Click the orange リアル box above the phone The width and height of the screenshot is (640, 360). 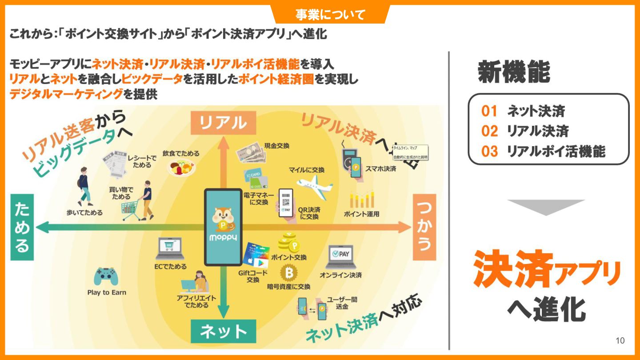point(224,122)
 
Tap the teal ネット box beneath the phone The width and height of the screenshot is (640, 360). point(224,331)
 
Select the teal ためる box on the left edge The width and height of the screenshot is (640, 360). point(22,227)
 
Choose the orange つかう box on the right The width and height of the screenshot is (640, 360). point(424,227)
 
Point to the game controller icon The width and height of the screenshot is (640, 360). point(106,277)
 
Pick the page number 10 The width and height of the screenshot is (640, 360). point(620,340)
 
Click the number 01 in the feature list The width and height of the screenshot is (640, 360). point(489,111)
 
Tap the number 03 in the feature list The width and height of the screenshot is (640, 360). point(489,152)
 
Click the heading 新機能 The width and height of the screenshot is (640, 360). point(514,72)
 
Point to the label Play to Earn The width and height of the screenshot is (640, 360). point(107,292)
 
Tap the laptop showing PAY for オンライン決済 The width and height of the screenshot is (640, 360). point(340,256)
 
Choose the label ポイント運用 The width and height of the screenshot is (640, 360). point(362,214)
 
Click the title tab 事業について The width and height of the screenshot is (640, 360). point(330,15)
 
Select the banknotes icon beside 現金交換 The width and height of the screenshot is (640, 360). point(251,152)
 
